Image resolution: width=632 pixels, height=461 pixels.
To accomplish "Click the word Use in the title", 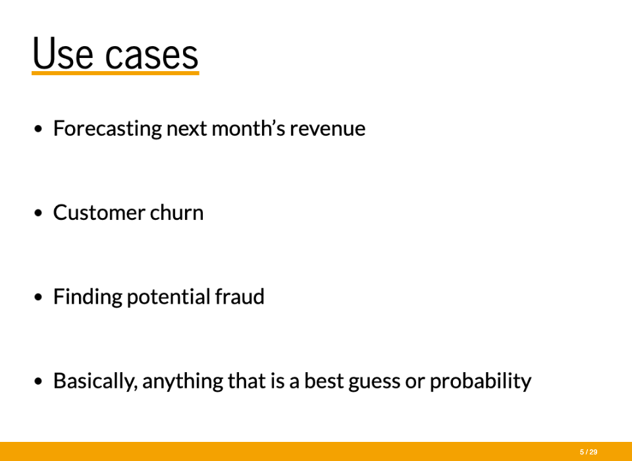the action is click(x=63, y=53).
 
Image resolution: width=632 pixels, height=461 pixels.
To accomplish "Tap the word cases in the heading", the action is click(x=151, y=56).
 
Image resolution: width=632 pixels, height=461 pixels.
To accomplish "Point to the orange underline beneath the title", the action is click(x=115, y=73).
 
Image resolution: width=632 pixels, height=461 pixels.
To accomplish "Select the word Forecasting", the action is click(x=107, y=129).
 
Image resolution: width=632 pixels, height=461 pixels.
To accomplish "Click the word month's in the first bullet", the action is click(x=248, y=128).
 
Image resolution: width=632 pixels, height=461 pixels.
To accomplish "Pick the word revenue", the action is click(x=328, y=130).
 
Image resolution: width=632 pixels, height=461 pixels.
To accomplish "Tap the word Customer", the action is click(x=99, y=213).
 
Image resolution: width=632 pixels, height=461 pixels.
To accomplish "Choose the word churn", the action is click(x=176, y=212).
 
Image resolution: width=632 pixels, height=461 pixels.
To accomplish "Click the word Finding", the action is click(x=88, y=297).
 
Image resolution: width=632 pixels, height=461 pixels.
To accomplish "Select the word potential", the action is click(x=169, y=297).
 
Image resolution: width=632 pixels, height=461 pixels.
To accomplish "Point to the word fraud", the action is click(x=240, y=296).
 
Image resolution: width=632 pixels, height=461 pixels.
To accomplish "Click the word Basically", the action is click(x=95, y=381).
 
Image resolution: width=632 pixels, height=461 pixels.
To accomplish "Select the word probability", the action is click(x=481, y=381).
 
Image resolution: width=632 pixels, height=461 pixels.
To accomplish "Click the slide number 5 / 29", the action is click(x=589, y=452).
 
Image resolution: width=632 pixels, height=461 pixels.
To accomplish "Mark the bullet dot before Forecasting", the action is click(x=38, y=129).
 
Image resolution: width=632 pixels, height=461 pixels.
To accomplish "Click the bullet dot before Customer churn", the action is click(x=38, y=213).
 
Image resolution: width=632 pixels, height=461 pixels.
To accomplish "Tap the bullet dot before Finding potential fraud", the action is click(x=38, y=297).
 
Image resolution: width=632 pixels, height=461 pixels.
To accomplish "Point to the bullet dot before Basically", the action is click(x=38, y=381).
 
